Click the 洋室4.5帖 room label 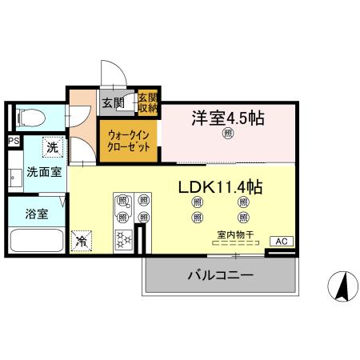(x=227, y=117)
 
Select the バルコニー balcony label (x=221, y=274)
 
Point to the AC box (x=281, y=241)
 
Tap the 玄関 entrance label (x=113, y=102)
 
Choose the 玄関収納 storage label (x=147, y=102)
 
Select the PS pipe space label (x=13, y=142)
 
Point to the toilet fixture (x=28, y=118)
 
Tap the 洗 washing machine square (x=52, y=147)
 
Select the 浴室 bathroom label (x=36, y=214)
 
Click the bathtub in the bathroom (x=35, y=241)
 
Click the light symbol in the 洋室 (x=227, y=134)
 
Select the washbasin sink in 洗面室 (x=14, y=174)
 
